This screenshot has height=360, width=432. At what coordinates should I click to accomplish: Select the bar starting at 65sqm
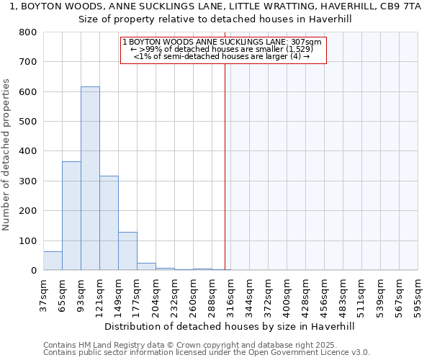(71, 216)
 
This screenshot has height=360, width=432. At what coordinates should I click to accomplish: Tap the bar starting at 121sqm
(109, 223)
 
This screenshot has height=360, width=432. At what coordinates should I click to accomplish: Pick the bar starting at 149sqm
(127, 251)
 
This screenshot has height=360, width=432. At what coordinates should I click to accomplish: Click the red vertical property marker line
(225, 166)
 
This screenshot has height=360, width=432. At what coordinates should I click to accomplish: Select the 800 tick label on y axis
(28, 32)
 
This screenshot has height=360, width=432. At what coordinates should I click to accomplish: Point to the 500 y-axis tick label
(28, 122)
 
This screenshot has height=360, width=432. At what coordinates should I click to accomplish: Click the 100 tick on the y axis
(28, 240)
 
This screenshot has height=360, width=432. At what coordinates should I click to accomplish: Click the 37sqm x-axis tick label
(43, 295)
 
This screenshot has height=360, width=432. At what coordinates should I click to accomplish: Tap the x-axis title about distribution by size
(230, 326)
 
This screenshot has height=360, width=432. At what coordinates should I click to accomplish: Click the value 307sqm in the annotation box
(307, 42)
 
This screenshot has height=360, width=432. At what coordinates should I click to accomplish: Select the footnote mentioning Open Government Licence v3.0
(207, 353)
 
